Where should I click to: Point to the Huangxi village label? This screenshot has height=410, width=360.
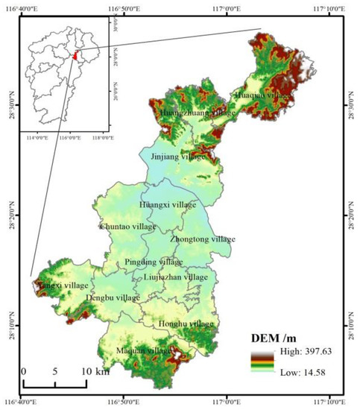click(168, 204)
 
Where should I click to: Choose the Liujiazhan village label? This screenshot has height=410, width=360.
click(176, 277)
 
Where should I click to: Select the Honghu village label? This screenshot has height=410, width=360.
click(186, 324)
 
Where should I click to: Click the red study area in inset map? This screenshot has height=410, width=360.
click(75, 56)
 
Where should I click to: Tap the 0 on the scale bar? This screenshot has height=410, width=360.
click(24, 371)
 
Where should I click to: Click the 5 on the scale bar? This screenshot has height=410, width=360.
click(54, 371)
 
